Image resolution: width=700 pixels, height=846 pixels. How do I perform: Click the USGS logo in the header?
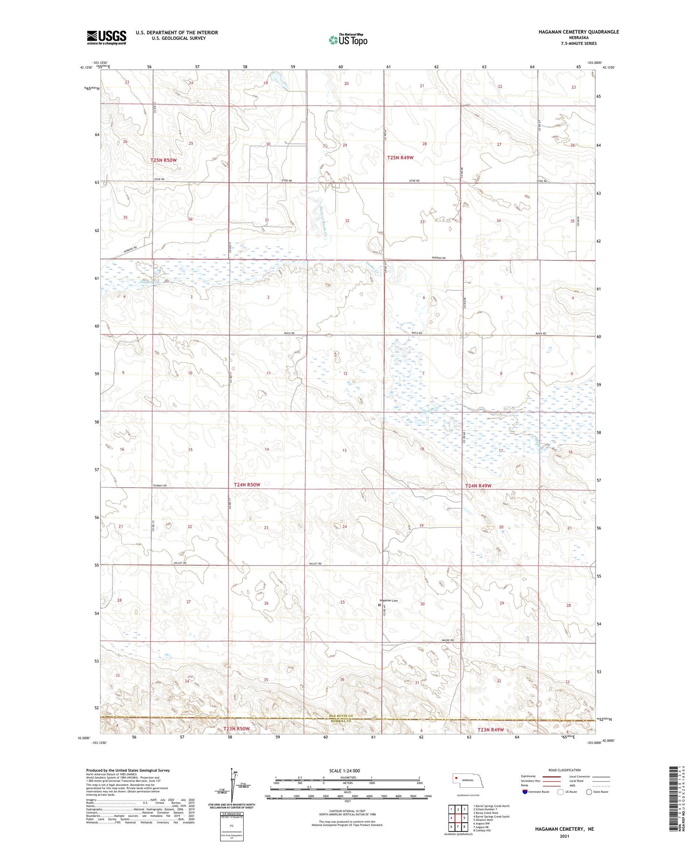[106, 37]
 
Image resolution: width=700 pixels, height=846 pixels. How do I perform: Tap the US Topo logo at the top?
[348, 40]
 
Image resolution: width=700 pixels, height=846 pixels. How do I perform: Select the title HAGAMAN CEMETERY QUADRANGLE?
[579, 32]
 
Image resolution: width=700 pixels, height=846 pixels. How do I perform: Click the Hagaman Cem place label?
[389, 600]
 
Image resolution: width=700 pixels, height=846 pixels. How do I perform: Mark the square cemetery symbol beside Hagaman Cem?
[379, 605]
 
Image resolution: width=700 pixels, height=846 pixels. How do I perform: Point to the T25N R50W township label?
[163, 160]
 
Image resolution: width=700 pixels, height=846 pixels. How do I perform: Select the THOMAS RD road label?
[160, 486]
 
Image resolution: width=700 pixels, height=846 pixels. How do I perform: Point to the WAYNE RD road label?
[448, 640]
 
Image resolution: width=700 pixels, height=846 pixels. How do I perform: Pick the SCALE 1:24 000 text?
[344, 770]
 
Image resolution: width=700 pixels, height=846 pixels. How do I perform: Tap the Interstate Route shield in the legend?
[525, 792]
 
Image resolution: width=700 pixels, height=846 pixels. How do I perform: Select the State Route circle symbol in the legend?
[589, 792]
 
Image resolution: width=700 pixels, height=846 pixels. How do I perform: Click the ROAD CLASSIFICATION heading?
[564, 770]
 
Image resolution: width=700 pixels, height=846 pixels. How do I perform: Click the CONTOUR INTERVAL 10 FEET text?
[347, 811]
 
